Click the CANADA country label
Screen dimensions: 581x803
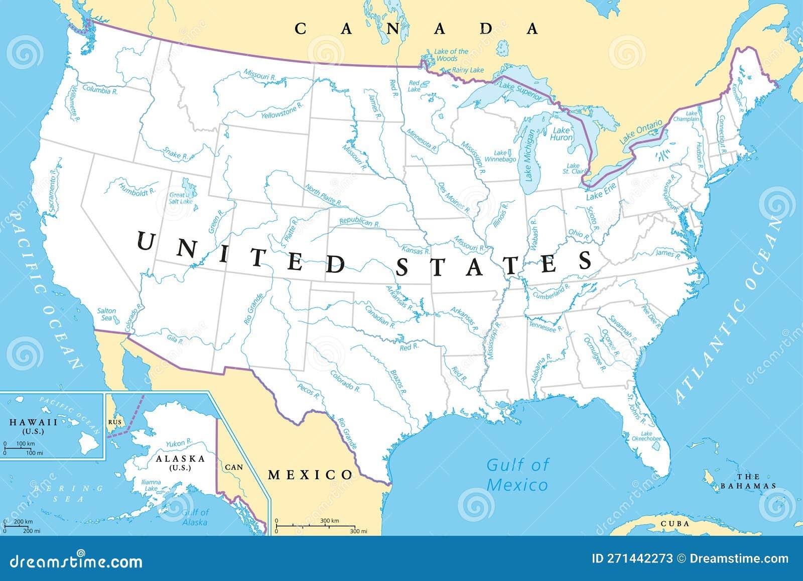416,29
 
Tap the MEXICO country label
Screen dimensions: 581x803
310,475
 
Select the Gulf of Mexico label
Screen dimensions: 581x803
517,475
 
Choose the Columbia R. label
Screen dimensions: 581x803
100,91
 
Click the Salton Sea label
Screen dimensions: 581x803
106,314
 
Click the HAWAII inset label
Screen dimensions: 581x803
34,423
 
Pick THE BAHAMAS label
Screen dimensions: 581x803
748,481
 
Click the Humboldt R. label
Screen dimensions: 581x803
137,189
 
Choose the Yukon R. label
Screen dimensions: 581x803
179,443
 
